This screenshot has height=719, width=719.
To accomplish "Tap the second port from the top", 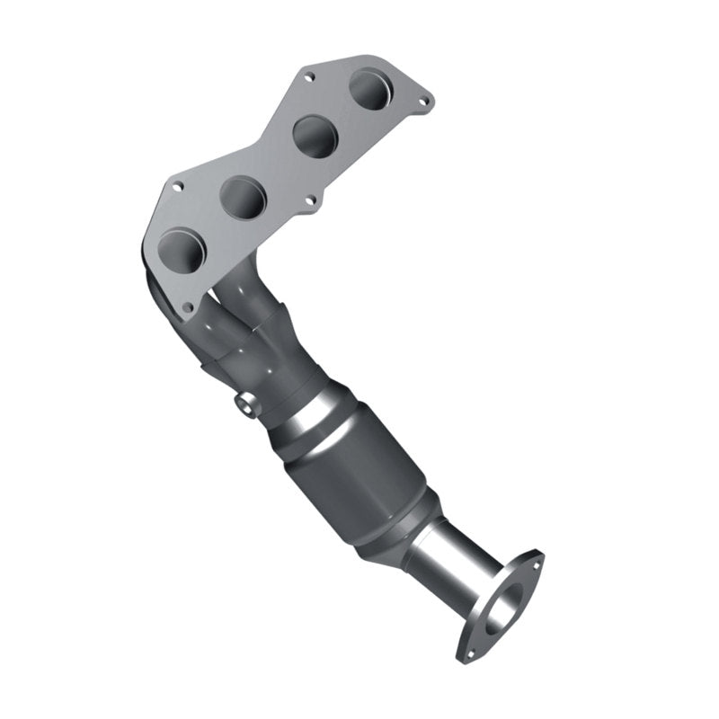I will pyautogui.click(x=315, y=136).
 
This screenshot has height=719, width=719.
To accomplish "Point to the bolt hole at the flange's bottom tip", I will pyautogui.click(x=187, y=306).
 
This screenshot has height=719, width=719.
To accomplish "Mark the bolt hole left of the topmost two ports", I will pyautogui.click(x=309, y=77).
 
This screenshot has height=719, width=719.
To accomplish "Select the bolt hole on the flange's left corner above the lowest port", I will pyautogui.click(x=178, y=187).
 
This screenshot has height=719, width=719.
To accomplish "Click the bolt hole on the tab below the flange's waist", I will pyautogui.click(x=311, y=200).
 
